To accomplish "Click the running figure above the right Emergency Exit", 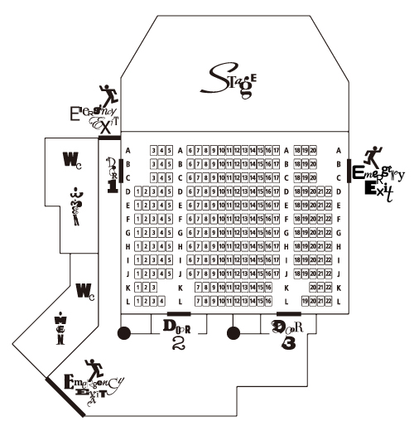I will click(x=373, y=154).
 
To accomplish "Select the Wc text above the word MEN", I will click(x=85, y=290).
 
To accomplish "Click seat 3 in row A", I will click(x=154, y=151).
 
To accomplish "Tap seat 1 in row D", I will click(x=137, y=191).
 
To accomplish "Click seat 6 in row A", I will click(x=190, y=151).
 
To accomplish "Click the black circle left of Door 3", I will click(x=233, y=334).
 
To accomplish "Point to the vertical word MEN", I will click(x=58, y=331).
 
